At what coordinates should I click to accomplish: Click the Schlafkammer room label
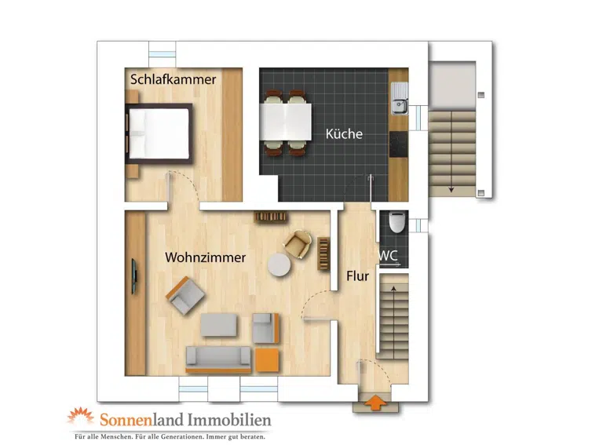(x=173, y=79)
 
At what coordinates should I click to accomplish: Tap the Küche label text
(x=344, y=133)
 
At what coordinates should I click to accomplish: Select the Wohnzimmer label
(x=206, y=257)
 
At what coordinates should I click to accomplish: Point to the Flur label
(x=358, y=276)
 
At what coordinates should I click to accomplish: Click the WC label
(x=389, y=256)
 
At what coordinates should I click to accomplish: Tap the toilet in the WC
(x=397, y=221)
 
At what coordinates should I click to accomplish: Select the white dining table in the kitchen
(x=285, y=122)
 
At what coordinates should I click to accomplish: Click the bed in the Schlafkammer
(x=159, y=133)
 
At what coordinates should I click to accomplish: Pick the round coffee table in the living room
(x=280, y=265)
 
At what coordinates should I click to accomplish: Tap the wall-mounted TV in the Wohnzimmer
(x=134, y=276)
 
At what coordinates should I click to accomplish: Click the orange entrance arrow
(x=375, y=403)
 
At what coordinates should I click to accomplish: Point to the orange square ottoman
(x=267, y=360)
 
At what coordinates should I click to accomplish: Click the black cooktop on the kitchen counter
(x=399, y=144)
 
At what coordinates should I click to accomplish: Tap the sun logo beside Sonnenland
(x=81, y=416)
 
